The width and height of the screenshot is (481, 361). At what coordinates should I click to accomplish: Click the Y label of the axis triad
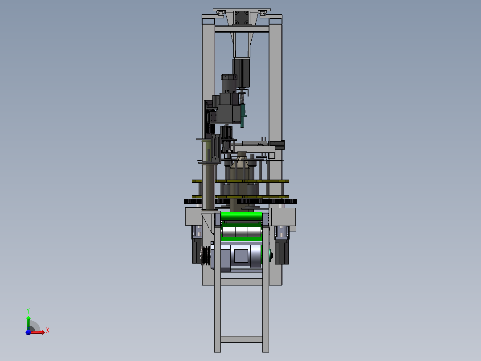click(x=28, y=311)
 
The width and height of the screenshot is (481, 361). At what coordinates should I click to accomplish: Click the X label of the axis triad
click(x=48, y=331)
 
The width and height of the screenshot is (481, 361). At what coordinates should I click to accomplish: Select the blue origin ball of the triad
click(x=28, y=332)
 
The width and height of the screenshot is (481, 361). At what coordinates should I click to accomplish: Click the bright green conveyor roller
click(x=241, y=216)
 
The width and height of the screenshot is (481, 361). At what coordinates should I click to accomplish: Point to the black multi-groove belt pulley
click(x=205, y=255)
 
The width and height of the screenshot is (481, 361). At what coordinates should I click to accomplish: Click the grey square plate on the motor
click(x=241, y=256)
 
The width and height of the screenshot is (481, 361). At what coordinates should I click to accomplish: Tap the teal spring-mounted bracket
click(x=243, y=116)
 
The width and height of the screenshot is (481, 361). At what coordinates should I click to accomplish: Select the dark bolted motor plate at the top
click(x=242, y=17)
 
